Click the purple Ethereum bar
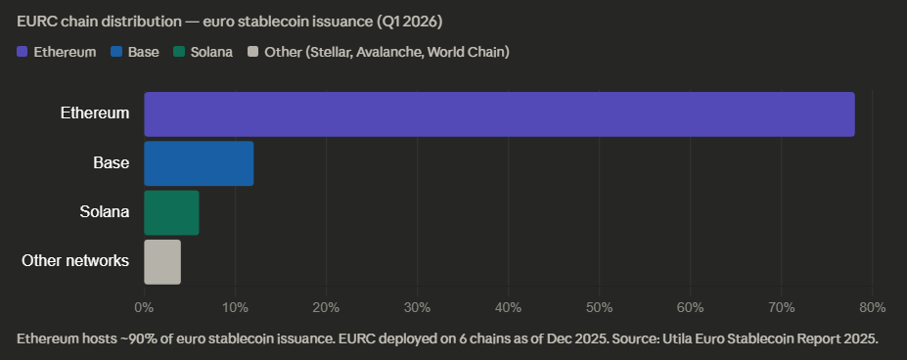click(x=499, y=113)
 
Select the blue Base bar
click(x=199, y=163)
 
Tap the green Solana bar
click(x=171, y=213)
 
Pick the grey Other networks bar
click(x=162, y=262)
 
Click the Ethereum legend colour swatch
click(x=23, y=51)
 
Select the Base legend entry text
click(x=143, y=51)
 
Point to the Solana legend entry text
click(x=210, y=51)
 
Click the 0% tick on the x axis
click(x=144, y=308)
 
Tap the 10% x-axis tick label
click(x=235, y=308)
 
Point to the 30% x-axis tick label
click(x=417, y=308)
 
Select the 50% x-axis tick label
click(x=599, y=308)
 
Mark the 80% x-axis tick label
click(x=871, y=308)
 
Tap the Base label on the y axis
click(x=111, y=163)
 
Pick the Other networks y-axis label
click(x=75, y=261)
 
